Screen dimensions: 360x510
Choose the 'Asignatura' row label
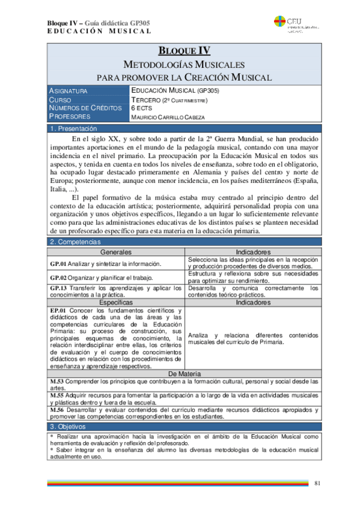pos(69,91)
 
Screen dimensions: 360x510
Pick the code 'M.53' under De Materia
pos(58,382)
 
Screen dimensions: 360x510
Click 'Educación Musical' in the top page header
pos(99,31)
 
